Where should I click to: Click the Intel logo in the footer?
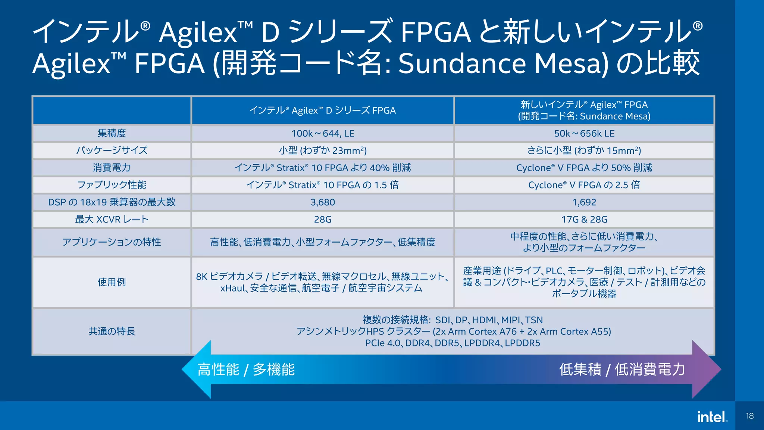712,417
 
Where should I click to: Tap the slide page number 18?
750,416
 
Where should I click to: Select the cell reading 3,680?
323,202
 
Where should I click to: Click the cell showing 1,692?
584,202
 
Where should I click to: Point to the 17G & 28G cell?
584,219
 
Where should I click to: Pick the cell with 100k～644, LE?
323,133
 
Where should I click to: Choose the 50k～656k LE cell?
584,133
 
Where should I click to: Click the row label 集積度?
112,133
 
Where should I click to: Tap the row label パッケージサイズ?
112,150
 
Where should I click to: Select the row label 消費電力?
112,168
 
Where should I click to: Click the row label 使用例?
112,282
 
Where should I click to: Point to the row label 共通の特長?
112,331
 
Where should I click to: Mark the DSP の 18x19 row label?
112,202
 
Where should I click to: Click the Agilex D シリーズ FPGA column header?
323,110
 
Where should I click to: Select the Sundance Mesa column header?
584,110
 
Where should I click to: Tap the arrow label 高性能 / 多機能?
246,370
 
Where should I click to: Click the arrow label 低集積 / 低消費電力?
622,370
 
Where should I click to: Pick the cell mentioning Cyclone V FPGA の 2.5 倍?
584,185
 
